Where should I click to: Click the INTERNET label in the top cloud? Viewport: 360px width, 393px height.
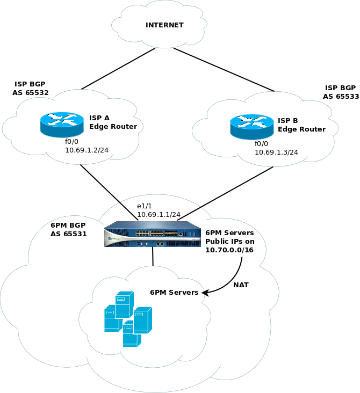click(x=164, y=25)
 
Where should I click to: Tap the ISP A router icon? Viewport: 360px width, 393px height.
click(x=62, y=124)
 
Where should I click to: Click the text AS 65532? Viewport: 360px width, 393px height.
click(x=31, y=93)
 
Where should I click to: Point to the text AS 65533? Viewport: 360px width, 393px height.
click(x=341, y=97)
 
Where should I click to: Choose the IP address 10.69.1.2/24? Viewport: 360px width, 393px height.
click(x=87, y=150)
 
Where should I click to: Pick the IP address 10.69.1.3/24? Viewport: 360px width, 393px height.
click(x=277, y=152)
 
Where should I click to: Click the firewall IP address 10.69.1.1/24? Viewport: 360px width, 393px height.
click(x=159, y=215)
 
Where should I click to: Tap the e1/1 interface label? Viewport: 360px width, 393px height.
click(x=145, y=206)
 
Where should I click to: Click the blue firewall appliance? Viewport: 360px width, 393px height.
click(x=153, y=235)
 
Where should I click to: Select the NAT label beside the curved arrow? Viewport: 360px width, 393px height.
click(x=241, y=284)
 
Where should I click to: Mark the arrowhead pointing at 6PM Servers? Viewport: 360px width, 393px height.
click(x=205, y=293)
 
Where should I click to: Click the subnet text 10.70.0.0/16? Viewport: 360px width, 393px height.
click(x=230, y=250)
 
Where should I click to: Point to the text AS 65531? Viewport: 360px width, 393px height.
click(x=69, y=234)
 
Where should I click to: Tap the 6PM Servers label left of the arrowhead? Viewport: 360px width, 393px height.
click(x=174, y=293)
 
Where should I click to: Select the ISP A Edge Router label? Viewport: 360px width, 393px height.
click(x=113, y=122)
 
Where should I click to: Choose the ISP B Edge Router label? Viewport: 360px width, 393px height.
click(x=301, y=125)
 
